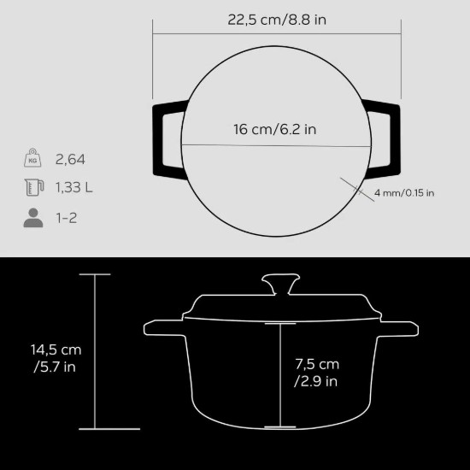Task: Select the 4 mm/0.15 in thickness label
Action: click(x=403, y=193)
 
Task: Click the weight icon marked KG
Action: click(x=33, y=159)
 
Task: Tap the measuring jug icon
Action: click(x=33, y=188)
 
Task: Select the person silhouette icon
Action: click(x=33, y=217)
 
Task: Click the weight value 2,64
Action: click(x=70, y=159)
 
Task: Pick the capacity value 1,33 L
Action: click(x=75, y=188)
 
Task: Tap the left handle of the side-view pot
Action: click(x=162, y=327)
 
